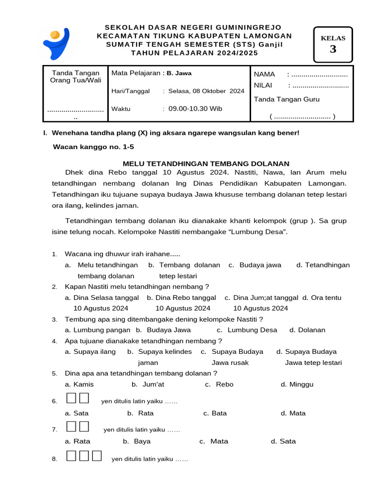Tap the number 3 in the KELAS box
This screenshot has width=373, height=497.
pos(333,49)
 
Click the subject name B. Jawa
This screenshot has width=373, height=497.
pos(179,73)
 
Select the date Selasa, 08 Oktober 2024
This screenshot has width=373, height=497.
pos(206,91)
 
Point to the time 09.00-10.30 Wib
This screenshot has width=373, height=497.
pos(195,109)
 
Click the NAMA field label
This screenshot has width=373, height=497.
pos(265,74)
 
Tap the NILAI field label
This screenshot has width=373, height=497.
pos(263,85)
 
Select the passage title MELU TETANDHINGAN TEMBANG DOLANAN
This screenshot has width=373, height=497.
pos(206,164)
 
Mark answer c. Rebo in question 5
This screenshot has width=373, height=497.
pos(219,384)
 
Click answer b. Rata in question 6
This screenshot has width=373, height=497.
pos(140,414)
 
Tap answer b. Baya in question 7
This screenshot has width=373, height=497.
pos(136,442)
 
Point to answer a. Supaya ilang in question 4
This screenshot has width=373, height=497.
pos(90,352)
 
